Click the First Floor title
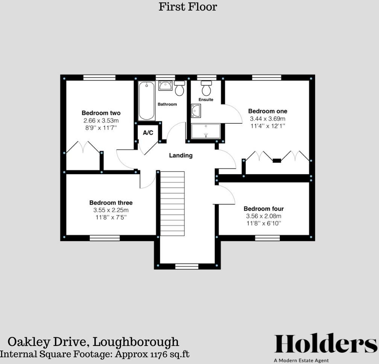point(188,7)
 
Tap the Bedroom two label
point(101,113)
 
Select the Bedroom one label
point(267,111)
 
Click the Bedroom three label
point(111,203)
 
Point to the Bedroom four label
point(264,209)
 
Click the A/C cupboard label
point(148,133)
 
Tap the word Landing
point(180,155)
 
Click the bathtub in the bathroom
point(146,100)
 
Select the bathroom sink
point(165,86)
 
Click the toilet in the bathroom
point(179,88)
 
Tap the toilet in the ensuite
point(206,88)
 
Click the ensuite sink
point(196,111)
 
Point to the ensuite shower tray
point(206,131)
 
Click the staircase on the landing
point(173,203)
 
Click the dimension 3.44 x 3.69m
point(267,119)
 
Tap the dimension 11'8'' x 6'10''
point(264,223)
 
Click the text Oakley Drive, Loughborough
point(93,342)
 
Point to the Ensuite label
point(206,100)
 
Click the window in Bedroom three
point(105,238)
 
